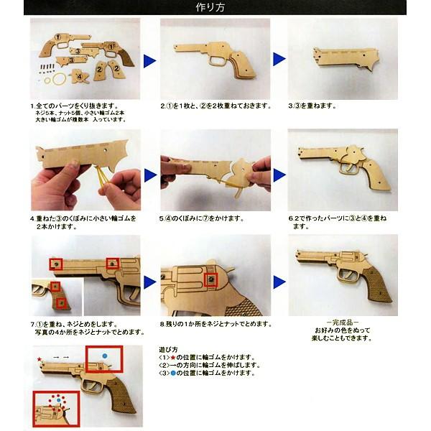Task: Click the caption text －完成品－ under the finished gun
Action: [x=348, y=323]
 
